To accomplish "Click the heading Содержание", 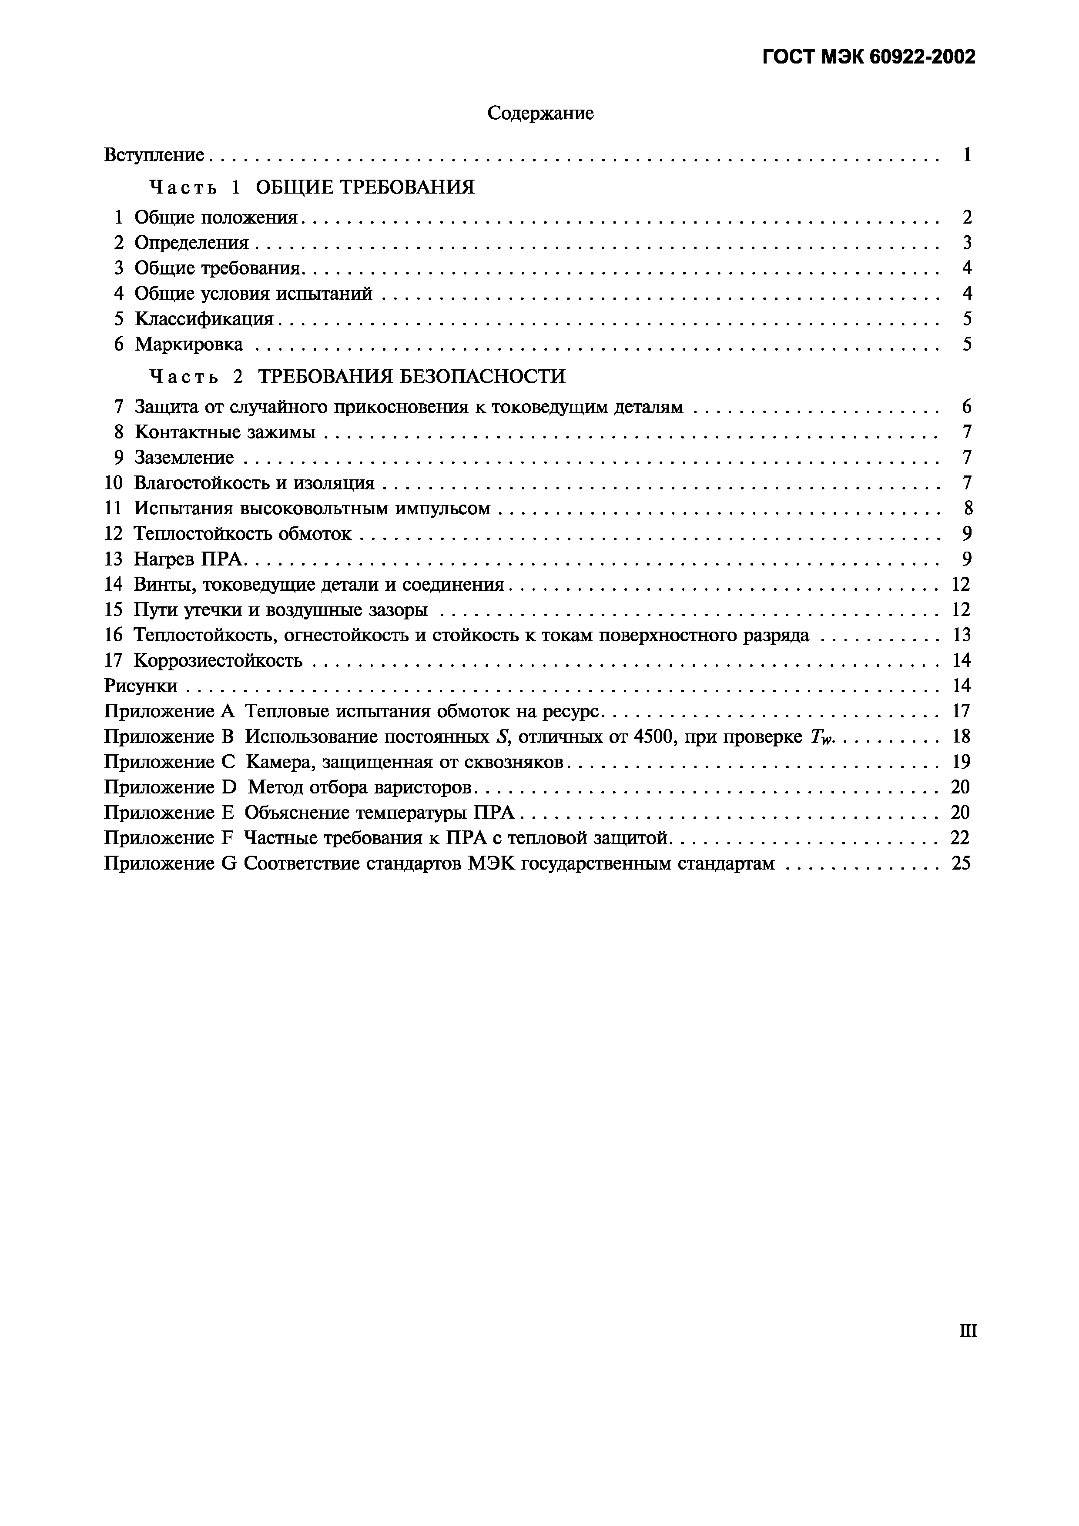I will click(540, 114).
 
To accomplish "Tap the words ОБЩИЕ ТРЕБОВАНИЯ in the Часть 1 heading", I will click(365, 187).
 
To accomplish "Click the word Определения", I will click(191, 243).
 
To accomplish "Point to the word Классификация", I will click(204, 319).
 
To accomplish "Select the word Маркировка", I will click(189, 344).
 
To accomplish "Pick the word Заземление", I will click(184, 457).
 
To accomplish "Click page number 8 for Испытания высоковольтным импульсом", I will click(967, 509).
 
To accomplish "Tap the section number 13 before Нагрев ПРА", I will click(114, 559).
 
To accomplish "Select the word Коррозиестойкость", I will click(218, 661).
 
